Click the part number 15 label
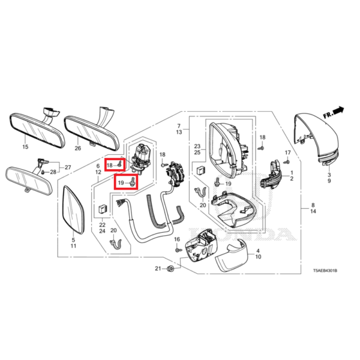[x=25, y=146]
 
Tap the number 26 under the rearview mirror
[x=77, y=148]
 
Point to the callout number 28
[x=53, y=172]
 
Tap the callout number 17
[x=287, y=154]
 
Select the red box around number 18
[x=115, y=164]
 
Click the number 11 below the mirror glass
[x=73, y=246]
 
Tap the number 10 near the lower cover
[x=258, y=256]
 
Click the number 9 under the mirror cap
[x=329, y=181]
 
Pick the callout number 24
[x=102, y=231]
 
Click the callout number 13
[x=178, y=132]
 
